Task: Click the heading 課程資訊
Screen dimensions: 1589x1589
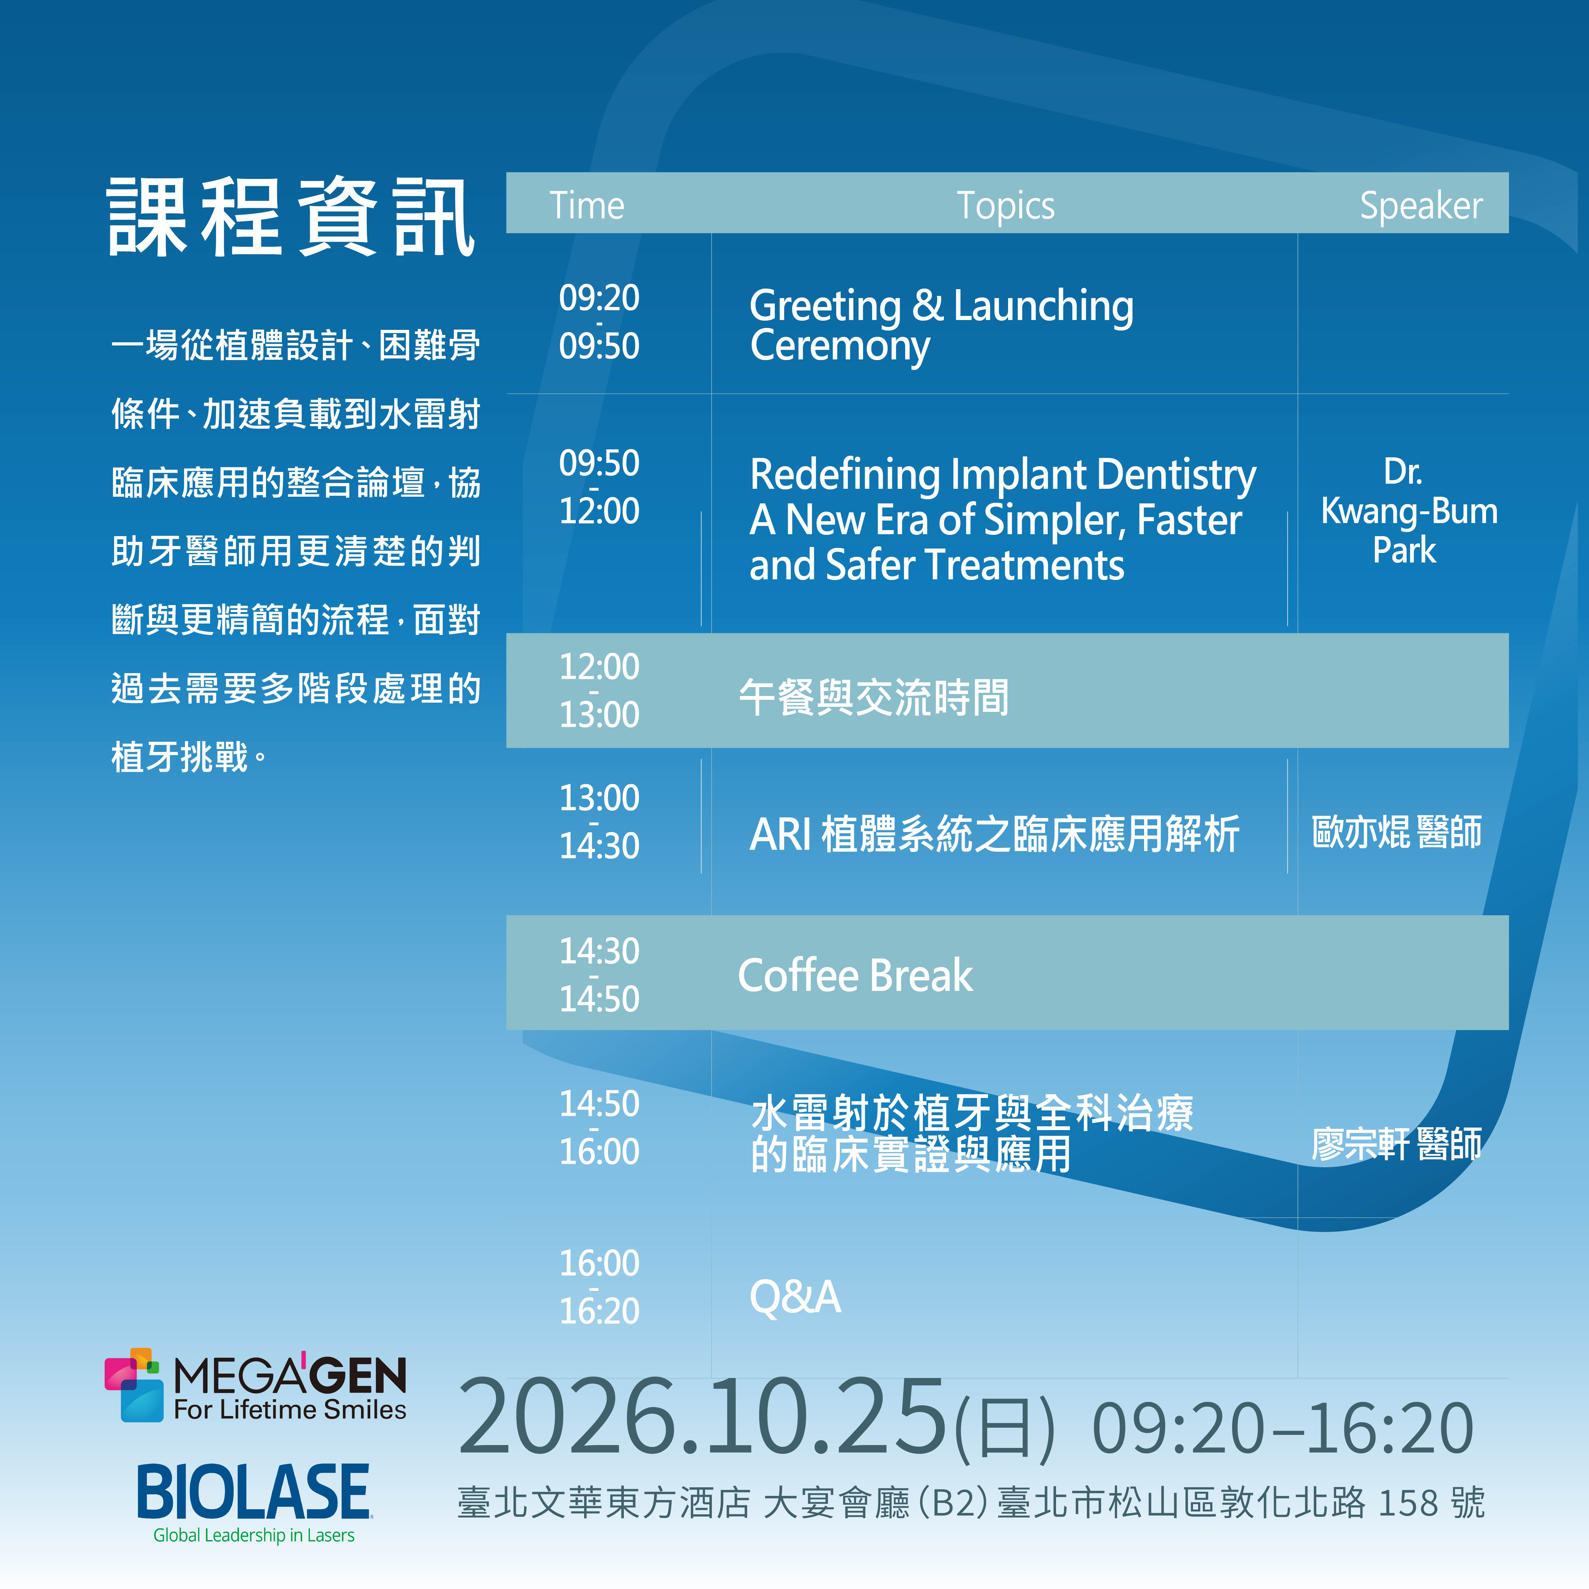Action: [x=291, y=216]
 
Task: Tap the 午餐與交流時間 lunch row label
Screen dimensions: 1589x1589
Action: [x=873, y=698]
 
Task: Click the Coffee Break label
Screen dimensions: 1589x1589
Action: [x=856, y=975]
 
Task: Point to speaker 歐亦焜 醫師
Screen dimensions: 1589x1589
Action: [x=1396, y=831]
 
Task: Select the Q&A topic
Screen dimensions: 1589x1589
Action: [x=795, y=1297]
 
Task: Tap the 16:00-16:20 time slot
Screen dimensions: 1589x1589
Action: [x=599, y=1286]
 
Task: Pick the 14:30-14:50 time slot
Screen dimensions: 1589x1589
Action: [x=599, y=975]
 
